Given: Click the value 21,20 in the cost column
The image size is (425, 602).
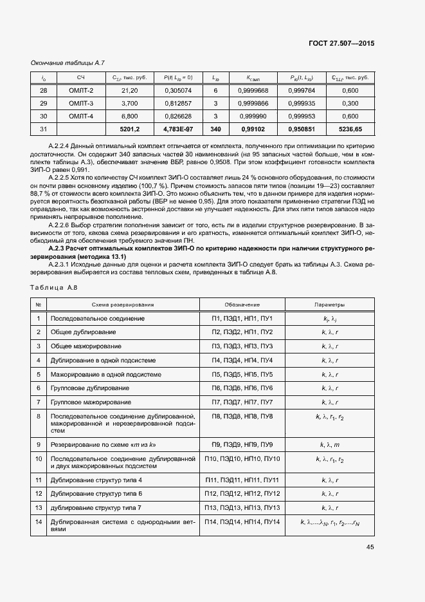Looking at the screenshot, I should (x=129, y=91).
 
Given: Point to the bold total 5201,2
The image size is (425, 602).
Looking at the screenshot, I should (x=129, y=129).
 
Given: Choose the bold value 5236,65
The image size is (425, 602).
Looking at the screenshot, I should (x=350, y=129).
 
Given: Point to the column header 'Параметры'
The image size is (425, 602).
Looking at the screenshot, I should (x=329, y=305).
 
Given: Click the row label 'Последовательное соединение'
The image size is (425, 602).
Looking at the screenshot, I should (x=98, y=319).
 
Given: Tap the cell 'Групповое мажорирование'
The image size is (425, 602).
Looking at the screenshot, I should (x=91, y=402).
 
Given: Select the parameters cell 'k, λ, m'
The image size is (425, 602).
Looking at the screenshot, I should (x=329, y=445).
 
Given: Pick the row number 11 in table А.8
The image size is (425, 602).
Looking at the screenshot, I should (x=39, y=480).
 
